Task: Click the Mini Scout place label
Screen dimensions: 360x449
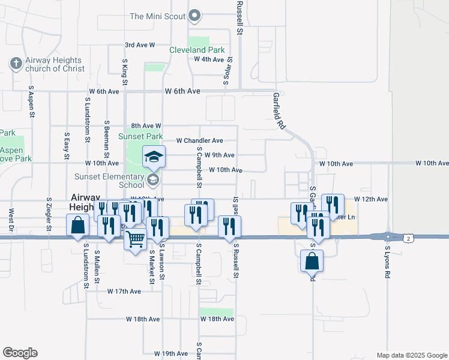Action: pyautogui.click(x=157, y=16)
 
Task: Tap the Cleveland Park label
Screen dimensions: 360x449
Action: pyautogui.click(x=197, y=50)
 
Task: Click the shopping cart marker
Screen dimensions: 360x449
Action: pyautogui.click(x=135, y=239)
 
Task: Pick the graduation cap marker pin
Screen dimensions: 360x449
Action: pyautogui.click(x=154, y=157)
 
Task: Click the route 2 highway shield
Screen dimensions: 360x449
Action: pyautogui.click(x=408, y=239)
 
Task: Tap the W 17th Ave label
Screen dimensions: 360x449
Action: pyautogui.click(x=124, y=291)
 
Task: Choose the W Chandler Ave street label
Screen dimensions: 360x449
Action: pyautogui.click(x=199, y=140)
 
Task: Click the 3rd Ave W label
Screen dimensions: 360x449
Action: pyautogui.click(x=140, y=45)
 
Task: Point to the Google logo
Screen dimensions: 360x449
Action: pyautogui.click(x=20, y=353)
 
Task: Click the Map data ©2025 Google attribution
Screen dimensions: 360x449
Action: pyautogui.click(x=412, y=355)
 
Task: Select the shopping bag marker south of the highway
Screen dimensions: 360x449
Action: pyautogui.click(x=312, y=261)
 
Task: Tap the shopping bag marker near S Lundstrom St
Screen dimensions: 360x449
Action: pyautogui.click(x=78, y=226)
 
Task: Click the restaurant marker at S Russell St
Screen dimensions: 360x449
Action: pyautogui.click(x=229, y=227)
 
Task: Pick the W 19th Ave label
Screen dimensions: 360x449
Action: pyautogui.click(x=171, y=353)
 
